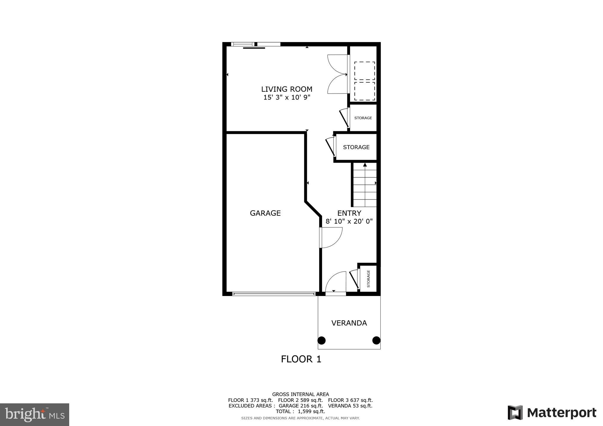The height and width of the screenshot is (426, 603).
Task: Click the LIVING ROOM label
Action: point(286,89)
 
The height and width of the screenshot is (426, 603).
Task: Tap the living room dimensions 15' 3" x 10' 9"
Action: point(286,97)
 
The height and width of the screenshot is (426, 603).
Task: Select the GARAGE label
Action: point(265,213)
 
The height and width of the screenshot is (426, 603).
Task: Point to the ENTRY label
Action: point(349,213)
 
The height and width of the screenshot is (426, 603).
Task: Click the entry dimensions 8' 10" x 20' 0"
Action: point(349,221)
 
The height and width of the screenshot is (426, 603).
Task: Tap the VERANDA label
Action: point(349,323)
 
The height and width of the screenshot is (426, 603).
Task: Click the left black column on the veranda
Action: point(322,340)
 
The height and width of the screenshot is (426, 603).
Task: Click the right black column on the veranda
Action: point(376,340)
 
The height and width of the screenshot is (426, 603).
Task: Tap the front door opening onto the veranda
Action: point(336,284)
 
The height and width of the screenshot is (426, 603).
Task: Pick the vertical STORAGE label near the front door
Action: point(368,279)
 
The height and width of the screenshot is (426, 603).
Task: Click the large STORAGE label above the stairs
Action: point(356,147)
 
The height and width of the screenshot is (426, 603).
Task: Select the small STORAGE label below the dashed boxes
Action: point(363,118)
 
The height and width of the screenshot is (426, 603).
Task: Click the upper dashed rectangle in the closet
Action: point(365,71)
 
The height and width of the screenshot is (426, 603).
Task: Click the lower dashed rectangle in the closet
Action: point(365,91)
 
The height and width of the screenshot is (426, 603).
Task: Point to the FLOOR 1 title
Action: point(301,359)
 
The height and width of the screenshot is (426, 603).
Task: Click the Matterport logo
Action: point(552,413)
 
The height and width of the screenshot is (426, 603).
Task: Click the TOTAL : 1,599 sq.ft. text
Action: point(300,411)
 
